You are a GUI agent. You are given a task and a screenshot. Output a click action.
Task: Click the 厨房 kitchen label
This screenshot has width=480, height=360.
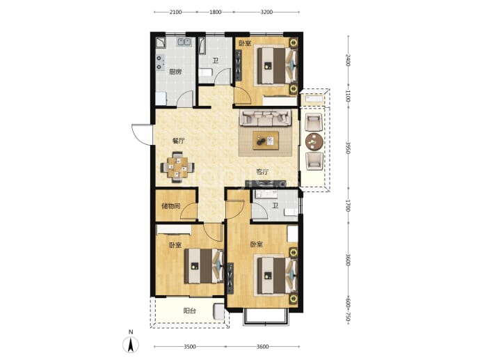(175, 72)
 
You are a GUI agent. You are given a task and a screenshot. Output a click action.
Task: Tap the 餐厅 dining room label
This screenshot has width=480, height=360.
(179, 141)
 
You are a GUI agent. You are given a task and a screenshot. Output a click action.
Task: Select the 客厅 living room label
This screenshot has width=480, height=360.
(262, 172)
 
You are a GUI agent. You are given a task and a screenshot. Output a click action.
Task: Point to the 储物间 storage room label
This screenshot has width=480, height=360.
(171, 206)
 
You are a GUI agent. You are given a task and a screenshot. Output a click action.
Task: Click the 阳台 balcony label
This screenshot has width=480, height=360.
(189, 311)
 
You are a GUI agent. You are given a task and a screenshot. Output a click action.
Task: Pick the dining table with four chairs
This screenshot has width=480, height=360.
(177, 167)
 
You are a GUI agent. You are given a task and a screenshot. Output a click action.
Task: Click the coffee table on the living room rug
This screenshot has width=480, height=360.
(266, 141)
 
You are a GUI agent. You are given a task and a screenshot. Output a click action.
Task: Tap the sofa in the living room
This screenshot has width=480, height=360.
(265, 118)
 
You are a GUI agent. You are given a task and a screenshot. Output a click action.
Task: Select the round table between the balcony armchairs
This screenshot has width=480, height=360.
(314, 141)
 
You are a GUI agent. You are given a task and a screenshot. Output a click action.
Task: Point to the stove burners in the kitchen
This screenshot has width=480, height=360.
(160, 63)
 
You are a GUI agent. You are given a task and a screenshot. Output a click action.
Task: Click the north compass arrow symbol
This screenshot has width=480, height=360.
(131, 344)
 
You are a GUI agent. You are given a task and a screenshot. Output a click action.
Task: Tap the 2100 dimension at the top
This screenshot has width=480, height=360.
(175, 13)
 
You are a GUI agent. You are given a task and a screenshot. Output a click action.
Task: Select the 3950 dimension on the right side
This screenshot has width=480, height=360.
(348, 148)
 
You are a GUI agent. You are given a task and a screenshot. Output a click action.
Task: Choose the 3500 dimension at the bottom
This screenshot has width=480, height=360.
(190, 347)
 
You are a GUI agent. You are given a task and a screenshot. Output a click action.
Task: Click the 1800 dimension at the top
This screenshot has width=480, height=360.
(215, 13)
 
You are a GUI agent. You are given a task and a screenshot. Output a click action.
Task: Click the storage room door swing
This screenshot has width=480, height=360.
(189, 212)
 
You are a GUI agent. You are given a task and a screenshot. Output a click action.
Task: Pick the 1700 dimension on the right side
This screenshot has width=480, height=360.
(348, 205)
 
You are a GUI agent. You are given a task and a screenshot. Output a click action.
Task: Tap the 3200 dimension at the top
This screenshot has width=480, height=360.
(266, 13)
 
